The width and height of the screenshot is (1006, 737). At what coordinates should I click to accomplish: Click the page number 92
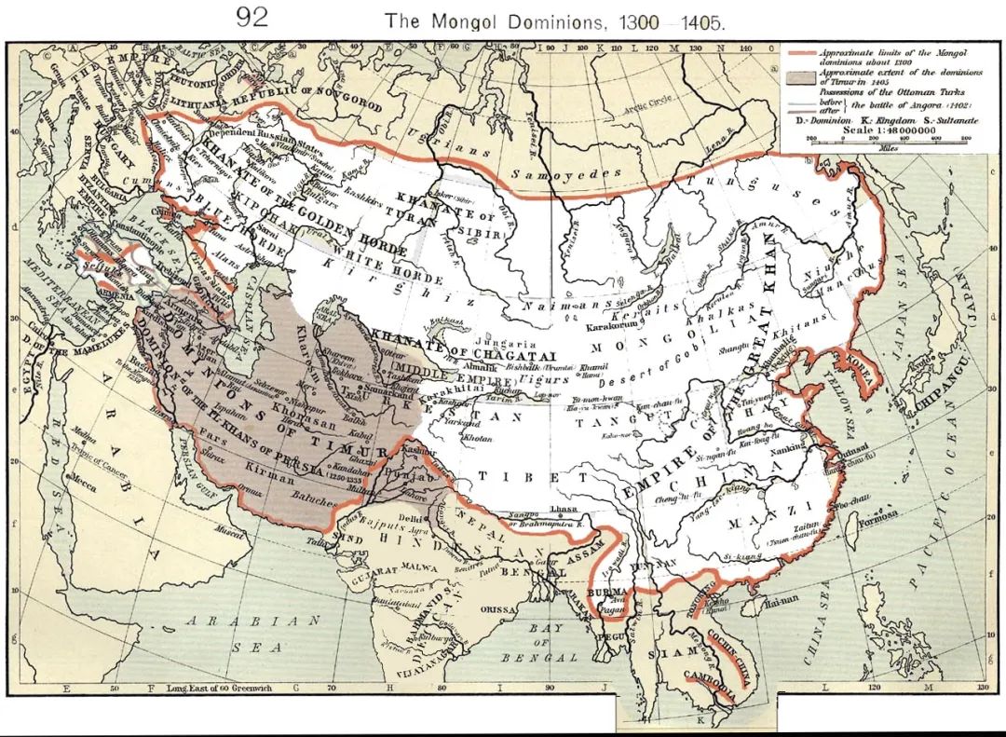click(x=251, y=18)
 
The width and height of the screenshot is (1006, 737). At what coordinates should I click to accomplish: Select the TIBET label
click(x=508, y=475)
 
